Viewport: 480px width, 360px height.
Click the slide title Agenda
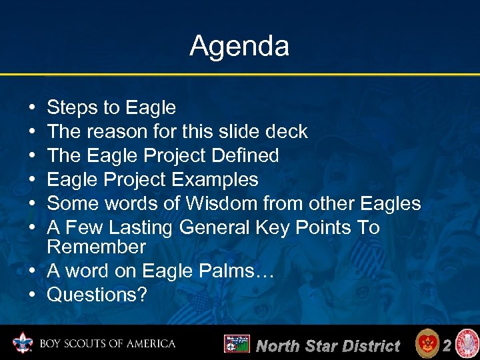click(x=239, y=46)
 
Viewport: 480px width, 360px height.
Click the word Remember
click(x=96, y=247)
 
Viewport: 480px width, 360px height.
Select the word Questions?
click(x=97, y=295)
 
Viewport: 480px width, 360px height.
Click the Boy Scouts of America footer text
click(x=107, y=345)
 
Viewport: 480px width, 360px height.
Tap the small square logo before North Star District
click(x=236, y=344)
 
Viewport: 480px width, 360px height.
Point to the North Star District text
click(x=328, y=345)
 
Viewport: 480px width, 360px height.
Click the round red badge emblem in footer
click(x=427, y=344)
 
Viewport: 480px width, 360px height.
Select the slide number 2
click(x=448, y=345)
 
